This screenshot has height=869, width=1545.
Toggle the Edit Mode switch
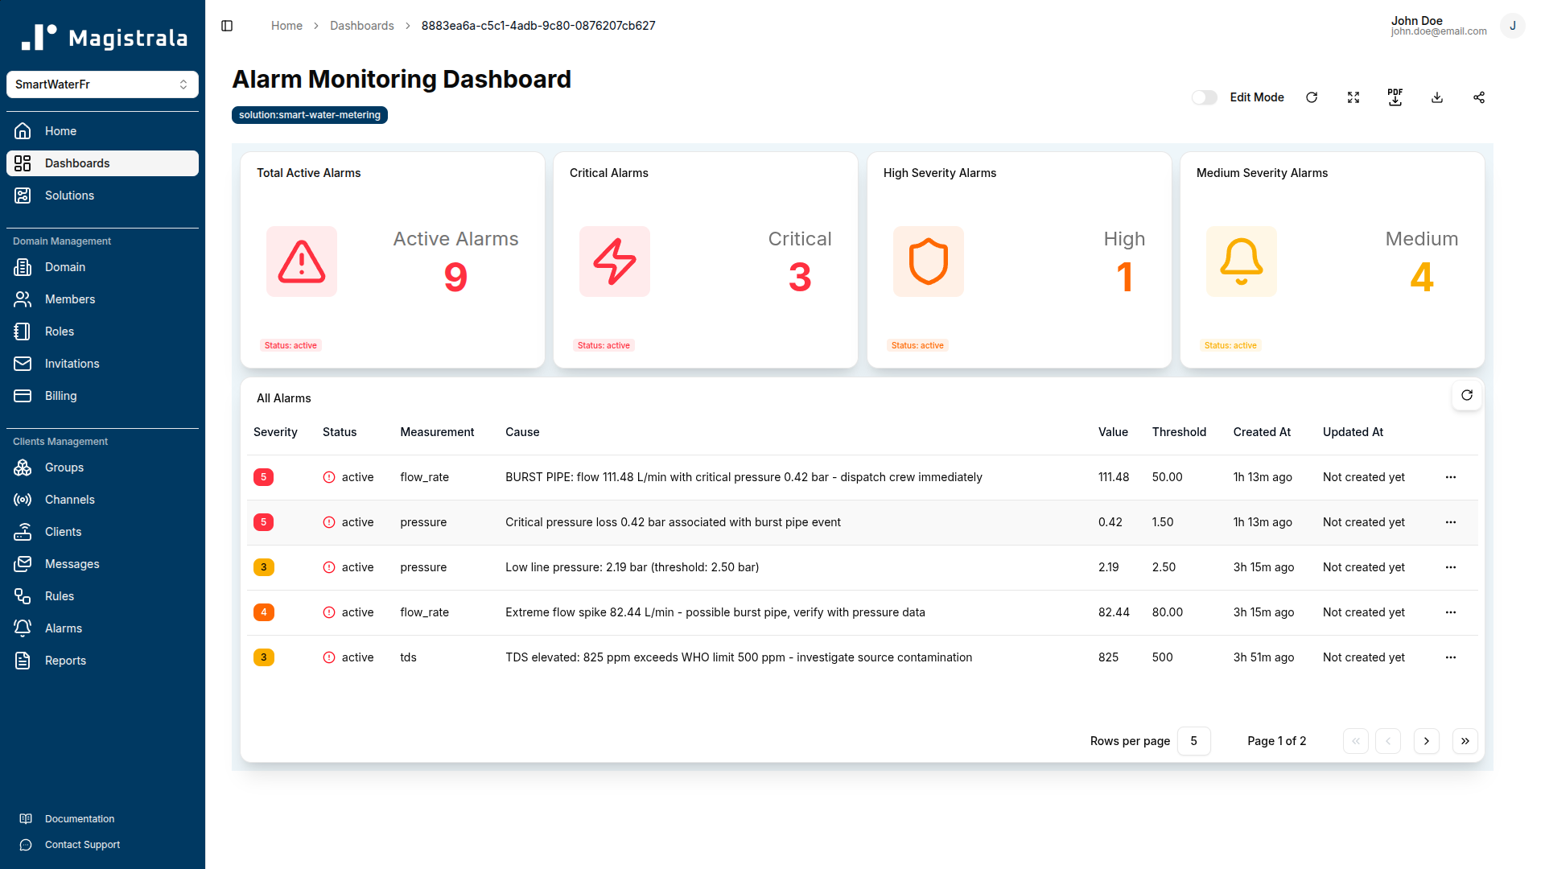pos(1204,97)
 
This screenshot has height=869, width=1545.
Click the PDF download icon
pos(1395,97)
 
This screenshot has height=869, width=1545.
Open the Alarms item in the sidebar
pos(64,628)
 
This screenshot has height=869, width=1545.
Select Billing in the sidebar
pos(61,396)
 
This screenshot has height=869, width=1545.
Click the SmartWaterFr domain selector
pos(102,84)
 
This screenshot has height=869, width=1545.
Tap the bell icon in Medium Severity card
pos(1241,262)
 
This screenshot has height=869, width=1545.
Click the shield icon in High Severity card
pos(928,262)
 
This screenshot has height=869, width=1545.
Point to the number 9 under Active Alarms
pos(455,278)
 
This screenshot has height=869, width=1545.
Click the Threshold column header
pos(1179,432)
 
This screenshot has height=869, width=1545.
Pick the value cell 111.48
pos(1114,477)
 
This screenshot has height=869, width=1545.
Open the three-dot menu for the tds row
pos(1451,657)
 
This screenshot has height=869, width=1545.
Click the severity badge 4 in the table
pos(263,612)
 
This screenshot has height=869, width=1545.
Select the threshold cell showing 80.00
pos(1167,612)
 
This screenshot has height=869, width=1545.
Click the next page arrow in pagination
pos(1427,741)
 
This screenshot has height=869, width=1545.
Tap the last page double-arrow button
pos(1465,741)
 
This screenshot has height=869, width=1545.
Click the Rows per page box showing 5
pos(1193,741)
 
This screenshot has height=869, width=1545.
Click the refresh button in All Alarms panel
pos(1467,395)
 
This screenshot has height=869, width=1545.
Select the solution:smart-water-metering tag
pos(310,115)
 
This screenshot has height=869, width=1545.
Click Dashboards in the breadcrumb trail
pos(362,26)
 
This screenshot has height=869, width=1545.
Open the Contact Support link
pos(82,845)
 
